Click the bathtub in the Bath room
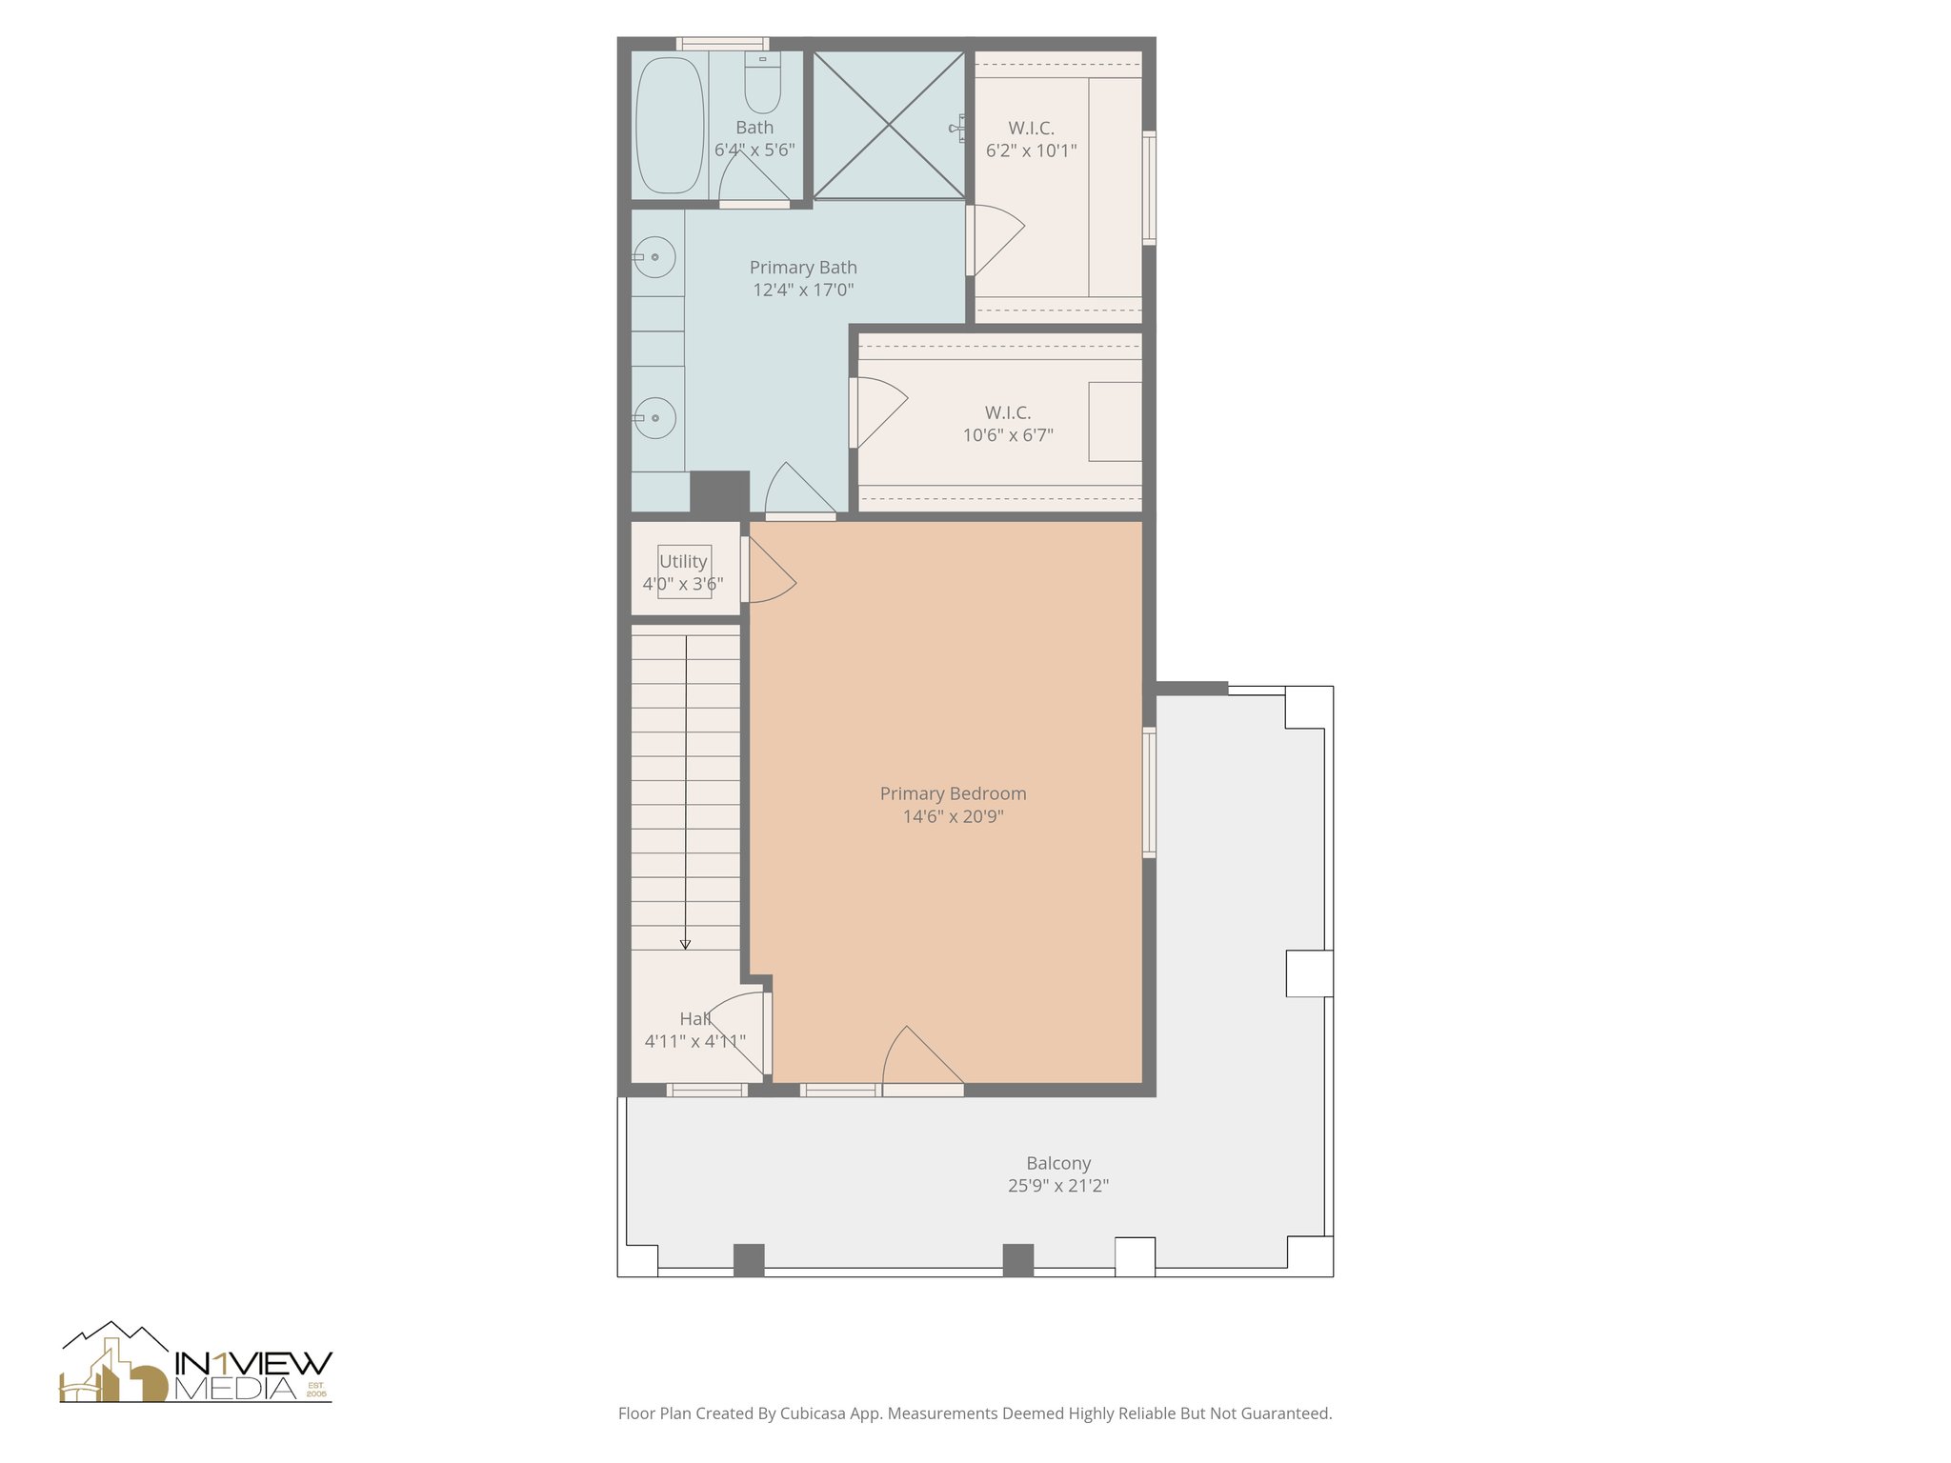pyautogui.click(x=669, y=125)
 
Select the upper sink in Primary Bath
pyautogui.click(x=655, y=257)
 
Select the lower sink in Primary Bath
pyautogui.click(x=655, y=418)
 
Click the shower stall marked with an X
pyautogui.click(x=888, y=125)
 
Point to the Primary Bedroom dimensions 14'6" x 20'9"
pyautogui.click(x=953, y=816)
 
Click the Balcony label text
pyautogui.click(x=1058, y=1163)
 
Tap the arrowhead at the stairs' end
pyautogui.click(x=685, y=944)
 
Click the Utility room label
pyautogui.click(x=683, y=561)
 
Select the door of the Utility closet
pyautogui.click(x=767, y=571)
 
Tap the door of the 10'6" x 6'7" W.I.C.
pyautogui.click(x=878, y=411)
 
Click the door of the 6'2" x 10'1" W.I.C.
pyautogui.click(x=995, y=240)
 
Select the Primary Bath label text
pyautogui.click(x=803, y=268)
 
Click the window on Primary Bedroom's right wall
pyautogui.click(x=1150, y=792)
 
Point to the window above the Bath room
pyautogui.click(x=722, y=43)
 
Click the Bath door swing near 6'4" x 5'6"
pyautogui.click(x=752, y=181)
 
